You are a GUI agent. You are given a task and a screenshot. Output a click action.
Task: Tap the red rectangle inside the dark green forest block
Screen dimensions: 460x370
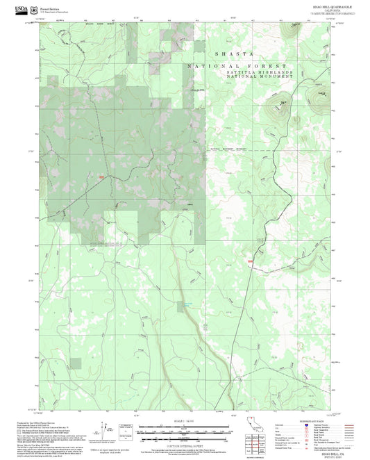click(x=101, y=177)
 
